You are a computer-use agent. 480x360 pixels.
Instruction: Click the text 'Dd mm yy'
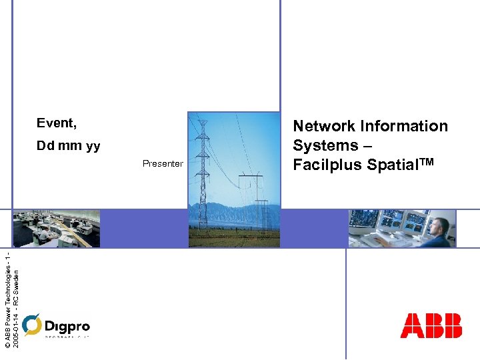click(x=68, y=146)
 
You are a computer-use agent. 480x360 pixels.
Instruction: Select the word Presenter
click(x=162, y=164)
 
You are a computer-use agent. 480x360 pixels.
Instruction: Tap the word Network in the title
click(x=324, y=126)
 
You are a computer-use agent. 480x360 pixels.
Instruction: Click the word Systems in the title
click(x=326, y=145)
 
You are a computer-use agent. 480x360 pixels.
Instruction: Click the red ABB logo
click(x=431, y=325)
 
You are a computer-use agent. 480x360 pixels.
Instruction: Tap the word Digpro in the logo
click(x=67, y=326)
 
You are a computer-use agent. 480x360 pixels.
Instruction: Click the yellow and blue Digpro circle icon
click(x=31, y=325)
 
